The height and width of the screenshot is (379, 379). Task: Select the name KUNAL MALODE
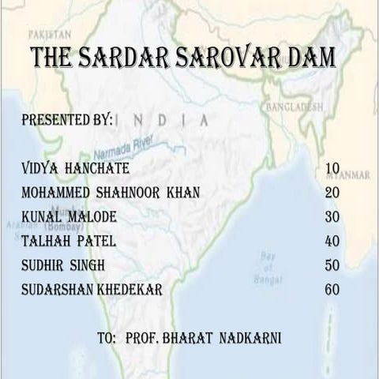pos(70,217)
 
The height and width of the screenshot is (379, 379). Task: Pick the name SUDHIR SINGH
pos(64,265)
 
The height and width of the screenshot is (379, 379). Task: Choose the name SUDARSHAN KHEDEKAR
pos(93,290)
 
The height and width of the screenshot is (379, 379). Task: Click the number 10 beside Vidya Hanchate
pos(332,169)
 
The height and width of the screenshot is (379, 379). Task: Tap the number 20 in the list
pos(332,193)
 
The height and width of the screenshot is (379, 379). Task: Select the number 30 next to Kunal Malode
pos(332,217)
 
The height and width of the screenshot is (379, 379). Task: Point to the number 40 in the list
pos(332,241)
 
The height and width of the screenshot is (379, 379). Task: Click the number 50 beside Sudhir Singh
pos(332,265)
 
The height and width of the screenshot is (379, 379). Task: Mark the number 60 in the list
pos(332,290)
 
